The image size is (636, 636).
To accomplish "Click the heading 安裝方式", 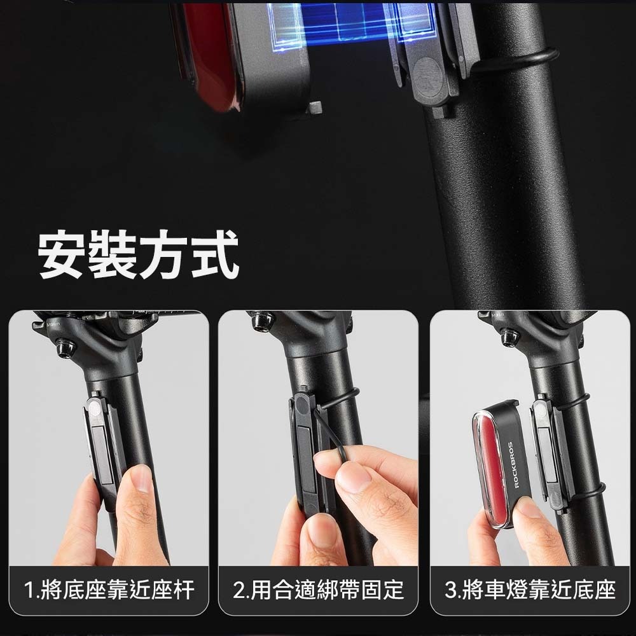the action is [138, 255].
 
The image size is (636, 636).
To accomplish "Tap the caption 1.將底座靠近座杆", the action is [109, 590].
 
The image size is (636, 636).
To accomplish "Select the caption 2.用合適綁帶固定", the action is [319, 590].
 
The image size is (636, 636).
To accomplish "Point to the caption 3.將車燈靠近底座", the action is [530, 590].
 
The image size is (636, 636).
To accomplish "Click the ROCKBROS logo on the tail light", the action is [513, 465].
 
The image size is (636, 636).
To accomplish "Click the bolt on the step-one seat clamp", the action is [65, 348].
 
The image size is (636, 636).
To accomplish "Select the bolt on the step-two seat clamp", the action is [261, 321].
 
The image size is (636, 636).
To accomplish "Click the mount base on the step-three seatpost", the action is [550, 454].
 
